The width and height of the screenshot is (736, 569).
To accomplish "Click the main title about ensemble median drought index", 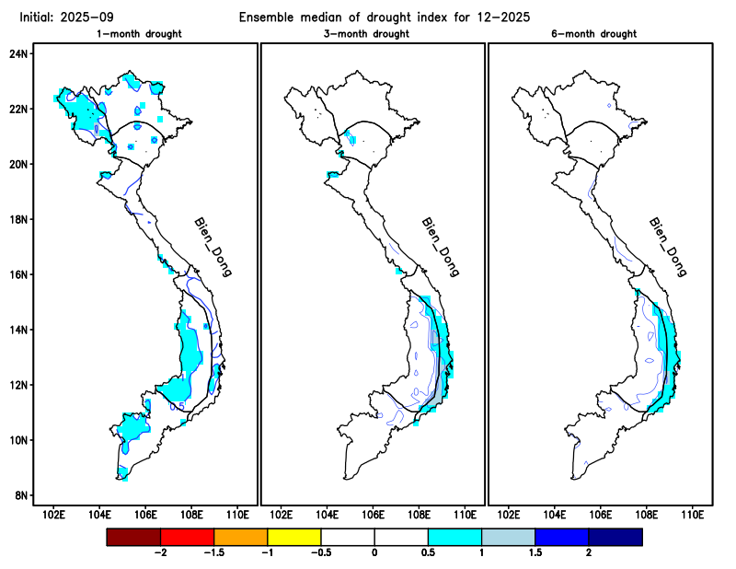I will [x=385, y=17].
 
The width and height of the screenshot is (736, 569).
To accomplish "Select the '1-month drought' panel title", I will [x=139, y=34].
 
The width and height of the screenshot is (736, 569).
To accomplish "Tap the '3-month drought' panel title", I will [x=372, y=34].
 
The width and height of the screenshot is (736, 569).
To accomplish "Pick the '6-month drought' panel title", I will [x=599, y=34].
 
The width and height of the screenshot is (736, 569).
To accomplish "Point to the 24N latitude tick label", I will [x=19, y=53].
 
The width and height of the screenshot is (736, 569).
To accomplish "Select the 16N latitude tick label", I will [x=19, y=274].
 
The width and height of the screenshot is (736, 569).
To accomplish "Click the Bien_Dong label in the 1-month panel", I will [x=213, y=247].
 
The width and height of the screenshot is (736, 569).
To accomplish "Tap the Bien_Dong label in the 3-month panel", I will [x=440, y=247].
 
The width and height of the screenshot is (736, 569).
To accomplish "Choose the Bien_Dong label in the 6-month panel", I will [x=668, y=247].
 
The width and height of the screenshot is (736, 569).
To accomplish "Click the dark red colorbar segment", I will [x=133, y=536].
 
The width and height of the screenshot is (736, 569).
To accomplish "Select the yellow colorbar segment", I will [x=294, y=536].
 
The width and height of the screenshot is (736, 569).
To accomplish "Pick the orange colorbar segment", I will [x=241, y=536].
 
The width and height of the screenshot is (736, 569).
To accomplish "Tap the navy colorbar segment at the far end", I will [x=615, y=536].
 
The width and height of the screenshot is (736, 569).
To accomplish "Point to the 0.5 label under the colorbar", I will [x=428, y=552].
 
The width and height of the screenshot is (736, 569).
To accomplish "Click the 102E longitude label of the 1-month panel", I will [x=53, y=513].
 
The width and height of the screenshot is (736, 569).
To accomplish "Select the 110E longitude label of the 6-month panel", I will [x=693, y=513].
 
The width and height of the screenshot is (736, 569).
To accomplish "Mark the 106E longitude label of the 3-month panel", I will [x=373, y=513].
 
